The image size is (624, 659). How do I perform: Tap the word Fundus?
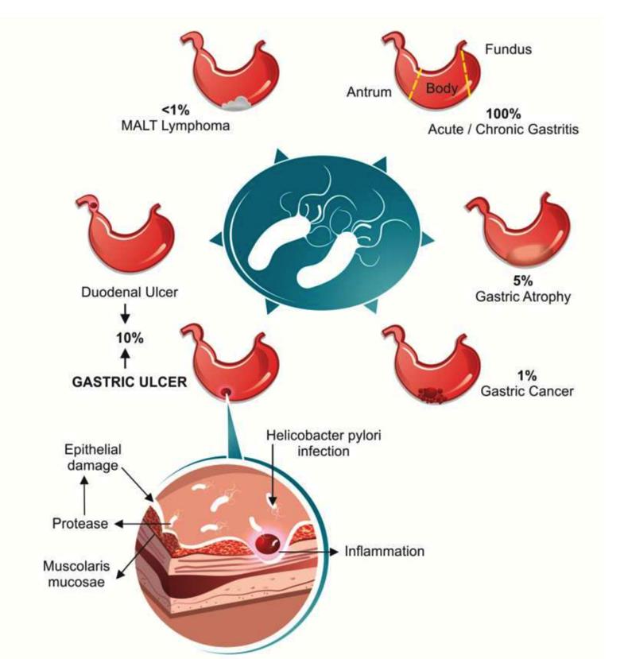click(x=508, y=50)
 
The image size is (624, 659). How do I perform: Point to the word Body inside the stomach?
click(x=442, y=89)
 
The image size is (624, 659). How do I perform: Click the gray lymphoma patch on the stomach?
click(x=236, y=102)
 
